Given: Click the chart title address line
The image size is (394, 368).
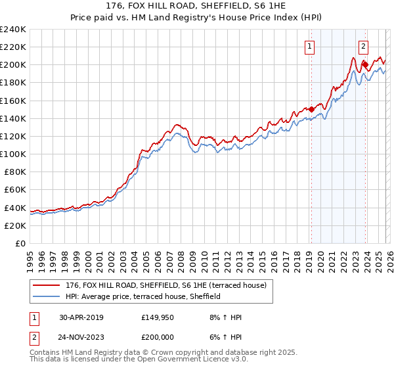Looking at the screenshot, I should point(197,6).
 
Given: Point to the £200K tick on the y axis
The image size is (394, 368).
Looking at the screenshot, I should point(13,65).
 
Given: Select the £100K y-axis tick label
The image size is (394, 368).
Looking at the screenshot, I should point(13,154).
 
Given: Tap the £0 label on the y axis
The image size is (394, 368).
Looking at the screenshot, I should point(20,243).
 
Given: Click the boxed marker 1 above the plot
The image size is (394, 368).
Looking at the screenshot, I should point(309,46).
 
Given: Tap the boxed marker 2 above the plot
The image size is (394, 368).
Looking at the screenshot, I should point(363,46).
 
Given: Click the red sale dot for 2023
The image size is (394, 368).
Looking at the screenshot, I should point(365,65).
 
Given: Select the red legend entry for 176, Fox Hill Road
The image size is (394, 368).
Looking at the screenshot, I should point(164,285).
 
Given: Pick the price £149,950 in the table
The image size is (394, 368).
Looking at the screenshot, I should point(158,317).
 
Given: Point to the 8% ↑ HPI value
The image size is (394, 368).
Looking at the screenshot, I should point(223,317).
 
